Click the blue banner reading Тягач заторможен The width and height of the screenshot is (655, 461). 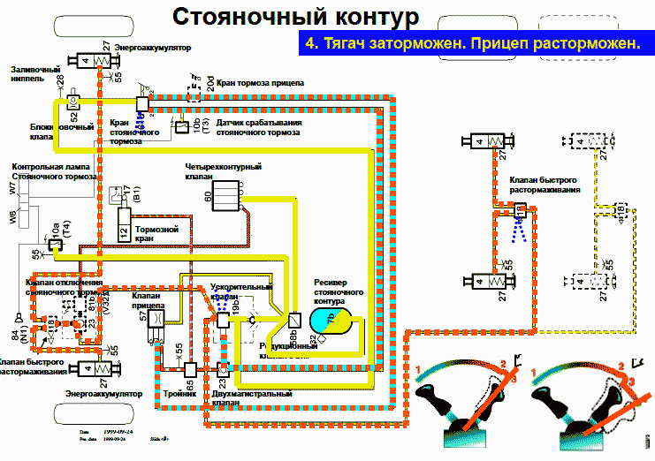pos(472,43)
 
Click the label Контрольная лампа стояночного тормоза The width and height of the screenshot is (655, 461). pos(54,172)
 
